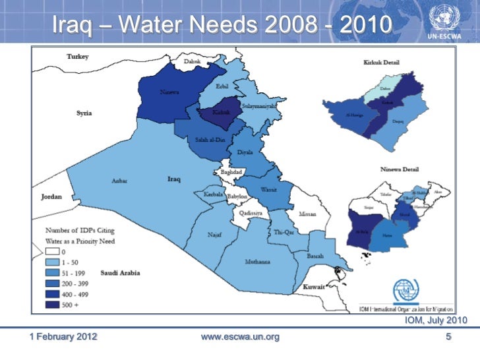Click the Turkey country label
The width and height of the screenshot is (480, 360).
pyautogui.click(x=77, y=57)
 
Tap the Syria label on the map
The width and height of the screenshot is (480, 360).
pyautogui.click(x=84, y=113)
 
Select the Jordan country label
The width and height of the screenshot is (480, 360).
pyautogui.click(x=51, y=196)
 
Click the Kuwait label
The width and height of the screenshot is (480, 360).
pyautogui.click(x=314, y=287)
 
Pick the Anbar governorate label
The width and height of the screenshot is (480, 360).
pyautogui.click(x=119, y=181)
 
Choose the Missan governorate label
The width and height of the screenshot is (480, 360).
pyautogui.click(x=307, y=214)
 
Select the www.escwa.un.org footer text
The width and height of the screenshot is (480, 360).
pyautogui.click(x=239, y=337)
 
